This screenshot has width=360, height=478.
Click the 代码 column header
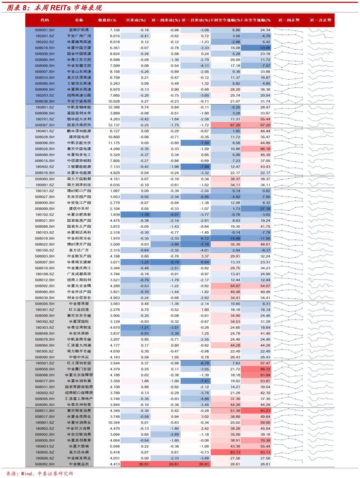tap(45, 20)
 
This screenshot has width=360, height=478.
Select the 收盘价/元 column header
tap(107, 20)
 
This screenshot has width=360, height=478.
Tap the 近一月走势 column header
tap(320, 20)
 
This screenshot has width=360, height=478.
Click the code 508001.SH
tap(45, 30)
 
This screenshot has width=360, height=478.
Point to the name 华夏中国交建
tap(79, 48)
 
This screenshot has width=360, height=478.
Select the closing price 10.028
tap(114, 102)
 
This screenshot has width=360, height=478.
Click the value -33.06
tap(264, 48)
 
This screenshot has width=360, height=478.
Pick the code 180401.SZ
tap(45, 131)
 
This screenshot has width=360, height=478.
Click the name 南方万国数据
tap(79, 179)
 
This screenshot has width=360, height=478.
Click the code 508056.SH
tap(45, 304)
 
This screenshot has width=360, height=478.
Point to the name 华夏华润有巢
tap(79, 381)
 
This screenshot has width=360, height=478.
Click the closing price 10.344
tap(114, 423)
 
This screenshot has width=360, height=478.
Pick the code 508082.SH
tap(45, 464)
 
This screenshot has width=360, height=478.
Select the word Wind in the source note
tap(27, 473)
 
